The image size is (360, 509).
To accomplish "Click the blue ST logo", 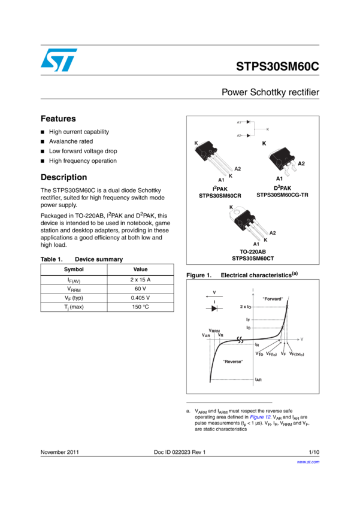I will tap(59, 60).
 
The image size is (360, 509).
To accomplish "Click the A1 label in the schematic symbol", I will tap(238, 122).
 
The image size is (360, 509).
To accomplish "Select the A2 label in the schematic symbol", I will tap(238, 136).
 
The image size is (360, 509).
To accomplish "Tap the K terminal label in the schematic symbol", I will tap(267, 129).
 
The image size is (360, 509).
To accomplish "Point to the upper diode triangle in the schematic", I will tap(248, 122).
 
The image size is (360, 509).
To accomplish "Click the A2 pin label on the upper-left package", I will tap(237, 169).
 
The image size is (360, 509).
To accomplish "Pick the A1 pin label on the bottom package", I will tap(256, 244).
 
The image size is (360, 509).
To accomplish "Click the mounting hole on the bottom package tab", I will tap(239, 212).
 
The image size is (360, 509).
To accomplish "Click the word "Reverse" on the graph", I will tap(233, 361).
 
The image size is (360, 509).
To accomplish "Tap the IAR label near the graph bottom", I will tap(259, 380).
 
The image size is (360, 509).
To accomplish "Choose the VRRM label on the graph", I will tap(215, 331).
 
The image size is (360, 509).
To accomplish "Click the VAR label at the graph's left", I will tap(205, 336).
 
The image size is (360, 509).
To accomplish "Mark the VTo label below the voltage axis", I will tap(259, 353).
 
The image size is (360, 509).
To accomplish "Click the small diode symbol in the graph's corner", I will tap(214, 308).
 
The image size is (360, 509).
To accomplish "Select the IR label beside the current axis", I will tap(257, 345).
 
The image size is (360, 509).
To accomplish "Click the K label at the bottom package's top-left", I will tap(231, 207).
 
